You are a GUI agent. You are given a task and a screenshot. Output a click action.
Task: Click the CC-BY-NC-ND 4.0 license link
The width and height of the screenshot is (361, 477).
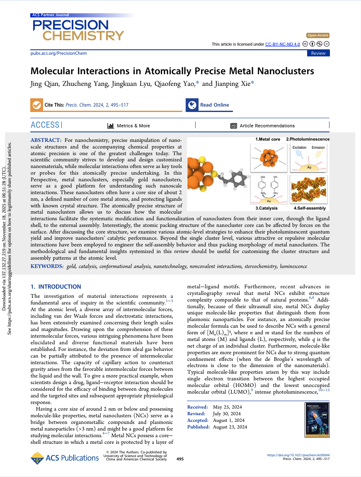(x=282, y=44)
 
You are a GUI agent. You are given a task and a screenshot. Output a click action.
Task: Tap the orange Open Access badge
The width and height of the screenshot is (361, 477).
(x=318, y=35)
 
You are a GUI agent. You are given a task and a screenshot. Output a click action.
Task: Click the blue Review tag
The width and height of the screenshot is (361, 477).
(x=318, y=53)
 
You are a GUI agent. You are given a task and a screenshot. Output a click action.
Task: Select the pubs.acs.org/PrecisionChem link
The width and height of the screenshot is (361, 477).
(x=59, y=53)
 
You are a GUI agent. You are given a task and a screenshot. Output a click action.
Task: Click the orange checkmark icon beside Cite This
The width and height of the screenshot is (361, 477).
(x=36, y=105)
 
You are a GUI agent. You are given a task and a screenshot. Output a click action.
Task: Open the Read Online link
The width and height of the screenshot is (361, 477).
(x=214, y=105)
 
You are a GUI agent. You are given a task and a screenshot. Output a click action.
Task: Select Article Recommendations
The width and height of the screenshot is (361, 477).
(x=267, y=126)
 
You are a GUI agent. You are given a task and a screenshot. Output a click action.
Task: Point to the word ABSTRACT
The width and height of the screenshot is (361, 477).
(x=46, y=141)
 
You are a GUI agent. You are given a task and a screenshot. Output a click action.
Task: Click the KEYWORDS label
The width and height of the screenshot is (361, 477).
(x=47, y=266)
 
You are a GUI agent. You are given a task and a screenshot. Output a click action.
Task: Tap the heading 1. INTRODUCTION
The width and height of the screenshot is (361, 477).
(x=56, y=287)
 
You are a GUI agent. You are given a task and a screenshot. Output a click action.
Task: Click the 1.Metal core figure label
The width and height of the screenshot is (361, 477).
(x=267, y=139)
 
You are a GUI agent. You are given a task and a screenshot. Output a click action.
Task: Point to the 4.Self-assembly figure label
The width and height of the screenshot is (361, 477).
(x=310, y=208)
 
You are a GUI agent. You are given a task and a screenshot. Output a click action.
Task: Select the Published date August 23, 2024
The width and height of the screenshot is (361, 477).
(x=230, y=427)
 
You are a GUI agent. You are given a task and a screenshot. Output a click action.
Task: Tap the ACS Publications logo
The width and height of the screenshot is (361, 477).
(x=65, y=458)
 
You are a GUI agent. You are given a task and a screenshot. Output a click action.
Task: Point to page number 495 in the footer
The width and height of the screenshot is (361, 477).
(x=180, y=459)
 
